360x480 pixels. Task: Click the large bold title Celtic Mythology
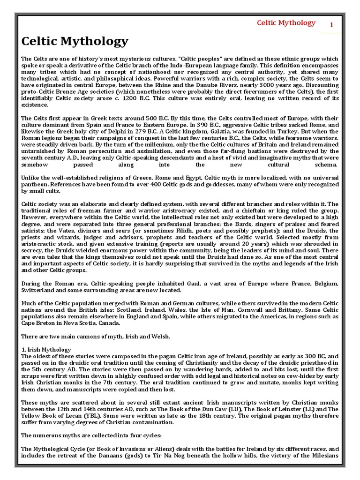tap(75, 41)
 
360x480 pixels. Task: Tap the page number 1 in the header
tap(331, 25)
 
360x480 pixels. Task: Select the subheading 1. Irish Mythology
tap(46, 349)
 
